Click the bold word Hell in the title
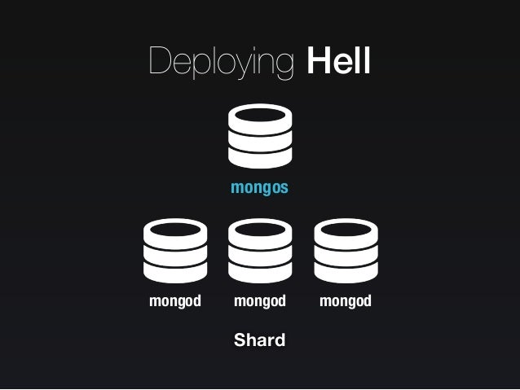tap(338, 61)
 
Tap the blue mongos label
tap(259, 188)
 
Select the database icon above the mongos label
tap(260, 135)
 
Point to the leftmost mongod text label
tap(174, 301)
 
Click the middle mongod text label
tap(260, 301)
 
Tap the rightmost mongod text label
tap(346, 301)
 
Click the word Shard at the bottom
tap(259, 340)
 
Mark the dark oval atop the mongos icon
tap(260, 116)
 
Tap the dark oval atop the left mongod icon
tap(174, 230)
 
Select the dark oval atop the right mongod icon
tap(346, 230)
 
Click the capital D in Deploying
tap(158, 61)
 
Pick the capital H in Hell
tap(317, 61)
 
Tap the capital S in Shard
tap(240, 340)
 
